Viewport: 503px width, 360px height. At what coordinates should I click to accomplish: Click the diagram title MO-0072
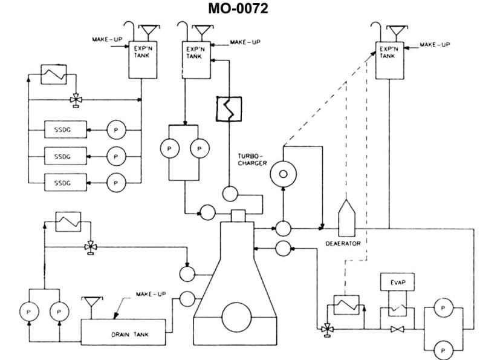coord(238,8)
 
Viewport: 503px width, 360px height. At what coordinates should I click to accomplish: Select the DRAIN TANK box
coord(123,332)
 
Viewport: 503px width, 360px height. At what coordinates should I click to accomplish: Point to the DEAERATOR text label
coord(343,243)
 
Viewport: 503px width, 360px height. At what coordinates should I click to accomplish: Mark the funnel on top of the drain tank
coord(92,301)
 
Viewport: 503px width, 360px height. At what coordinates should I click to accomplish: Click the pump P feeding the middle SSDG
coord(115,155)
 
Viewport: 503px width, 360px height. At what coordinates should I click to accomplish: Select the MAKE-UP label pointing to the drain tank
coord(151,294)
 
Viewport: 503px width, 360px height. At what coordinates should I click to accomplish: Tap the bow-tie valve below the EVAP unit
coord(397,330)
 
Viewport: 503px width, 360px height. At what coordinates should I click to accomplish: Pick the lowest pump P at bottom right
coord(444,350)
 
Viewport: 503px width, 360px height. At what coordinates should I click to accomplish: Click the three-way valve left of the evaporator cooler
coord(327,329)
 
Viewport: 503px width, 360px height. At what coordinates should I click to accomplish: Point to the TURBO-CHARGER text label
coord(252,159)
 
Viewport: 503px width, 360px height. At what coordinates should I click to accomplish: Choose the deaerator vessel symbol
coord(346,218)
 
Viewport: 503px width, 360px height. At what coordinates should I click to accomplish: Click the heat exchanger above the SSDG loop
coord(53,77)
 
